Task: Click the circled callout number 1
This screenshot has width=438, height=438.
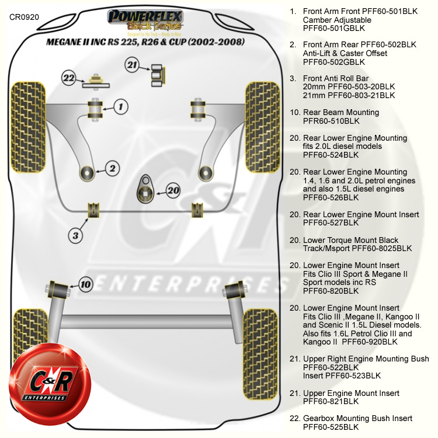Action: pos(120,106)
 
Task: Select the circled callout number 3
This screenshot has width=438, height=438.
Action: pos(75,235)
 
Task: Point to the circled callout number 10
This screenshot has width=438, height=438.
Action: pos(85,284)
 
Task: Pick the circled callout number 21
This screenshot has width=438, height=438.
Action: pos(133,65)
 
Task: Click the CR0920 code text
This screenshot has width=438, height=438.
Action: pos(25,16)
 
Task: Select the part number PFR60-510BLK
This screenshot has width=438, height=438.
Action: pos(331,121)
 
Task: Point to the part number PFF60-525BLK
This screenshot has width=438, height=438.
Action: pos(331,427)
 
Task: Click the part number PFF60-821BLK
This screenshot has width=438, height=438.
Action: pos(331,402)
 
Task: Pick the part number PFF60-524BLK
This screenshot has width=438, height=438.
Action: pos(331,155)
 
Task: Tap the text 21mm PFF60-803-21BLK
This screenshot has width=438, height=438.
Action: pos(349,95)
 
